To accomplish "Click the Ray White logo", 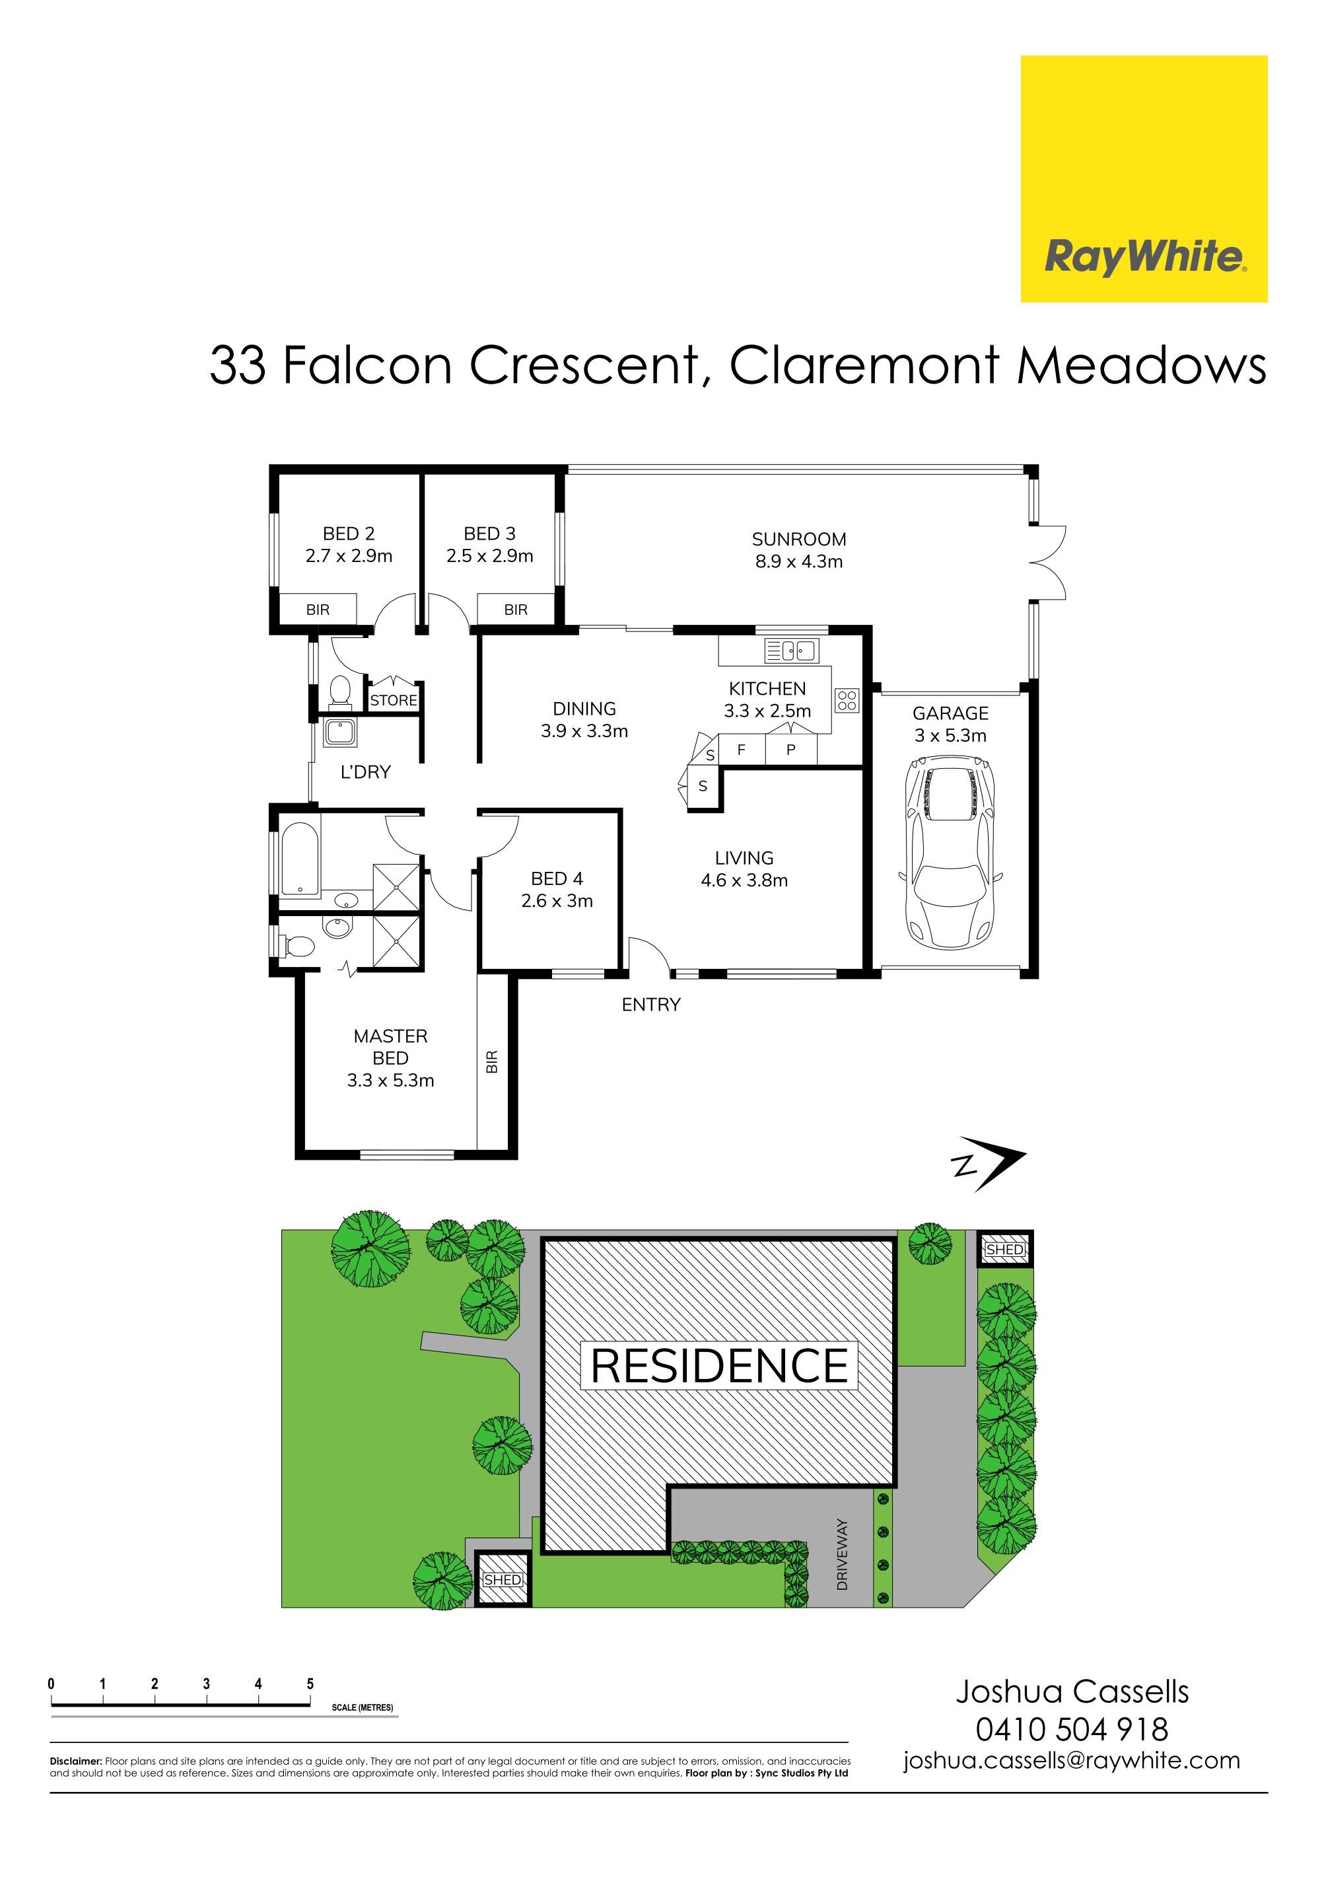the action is (1143, 178).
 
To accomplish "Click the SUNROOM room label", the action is (799, 539).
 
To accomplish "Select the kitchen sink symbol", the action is (789, 650).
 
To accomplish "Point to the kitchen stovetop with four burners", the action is (847, 700).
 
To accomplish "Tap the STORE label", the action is (394, 700).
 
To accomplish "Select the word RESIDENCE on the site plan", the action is (719, 1365).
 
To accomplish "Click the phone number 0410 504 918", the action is (1072, 1729).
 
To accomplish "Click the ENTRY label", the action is (651, 1005).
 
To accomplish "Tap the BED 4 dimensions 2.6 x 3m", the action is (557, 901).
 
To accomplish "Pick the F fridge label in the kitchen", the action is (742, 750).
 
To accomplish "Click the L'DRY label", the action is (366, 771).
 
